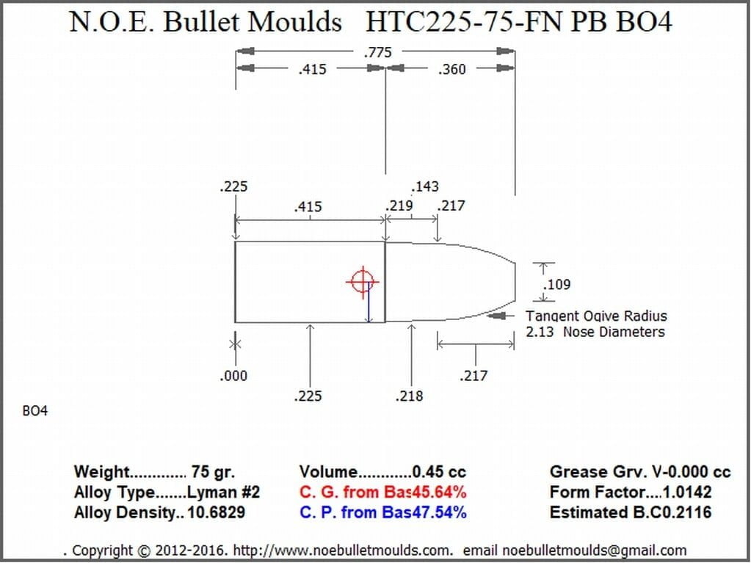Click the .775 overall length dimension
378,51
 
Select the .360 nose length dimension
451,70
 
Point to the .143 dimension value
424,186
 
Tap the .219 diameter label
399,206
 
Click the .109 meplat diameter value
556,284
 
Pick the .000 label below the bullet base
233,376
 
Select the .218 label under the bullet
410,396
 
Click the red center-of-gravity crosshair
362,282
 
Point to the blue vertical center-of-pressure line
369,302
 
